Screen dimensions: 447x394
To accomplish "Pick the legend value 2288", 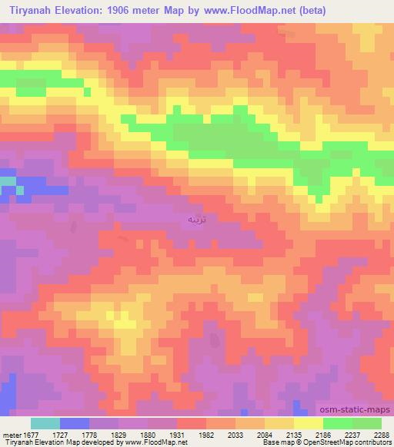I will coord(380,434).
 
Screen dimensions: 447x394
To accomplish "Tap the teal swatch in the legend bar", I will coord(45,423).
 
